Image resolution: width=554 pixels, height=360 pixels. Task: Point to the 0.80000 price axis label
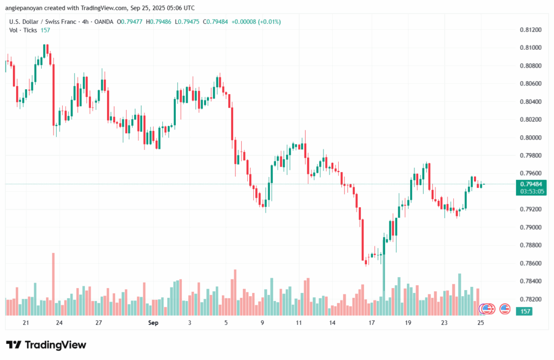pos(529,138)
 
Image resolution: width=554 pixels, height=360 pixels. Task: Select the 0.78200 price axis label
pos(529,299)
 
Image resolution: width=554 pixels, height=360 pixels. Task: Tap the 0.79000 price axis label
pos(529,227)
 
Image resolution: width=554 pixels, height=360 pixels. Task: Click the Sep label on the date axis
pos(153,323)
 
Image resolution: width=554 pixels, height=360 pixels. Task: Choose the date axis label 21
pos(25,323)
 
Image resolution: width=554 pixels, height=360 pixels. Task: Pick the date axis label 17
pos(372,323)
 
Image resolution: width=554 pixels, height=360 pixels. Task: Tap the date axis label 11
pos(299,323)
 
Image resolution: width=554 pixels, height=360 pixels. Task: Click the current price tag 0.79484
pos(532,184)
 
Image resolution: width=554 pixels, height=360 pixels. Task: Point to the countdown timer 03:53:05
pos(532,191)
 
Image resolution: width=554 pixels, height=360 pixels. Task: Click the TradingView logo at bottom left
pos(46,345)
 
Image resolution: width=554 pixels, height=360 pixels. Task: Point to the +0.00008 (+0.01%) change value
pos(256,22)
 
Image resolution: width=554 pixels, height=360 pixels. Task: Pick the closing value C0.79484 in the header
pos(213,22)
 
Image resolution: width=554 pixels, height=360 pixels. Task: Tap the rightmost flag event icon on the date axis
pos(505,309)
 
